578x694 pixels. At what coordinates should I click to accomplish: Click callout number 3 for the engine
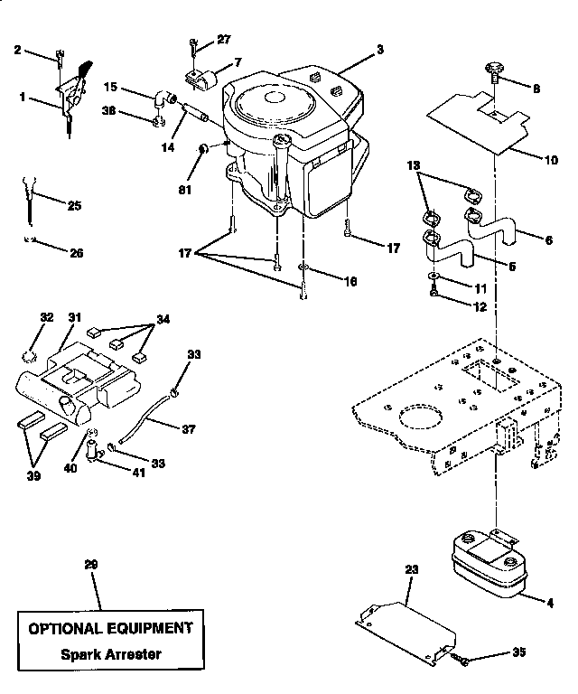coord(380,48)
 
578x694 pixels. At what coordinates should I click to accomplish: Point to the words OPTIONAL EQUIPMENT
coord(108,627)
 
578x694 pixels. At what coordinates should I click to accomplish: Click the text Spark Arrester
coord(108,653)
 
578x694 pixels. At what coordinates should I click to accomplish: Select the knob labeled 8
coord(493,69)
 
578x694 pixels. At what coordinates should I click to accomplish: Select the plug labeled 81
coord(204,146)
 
